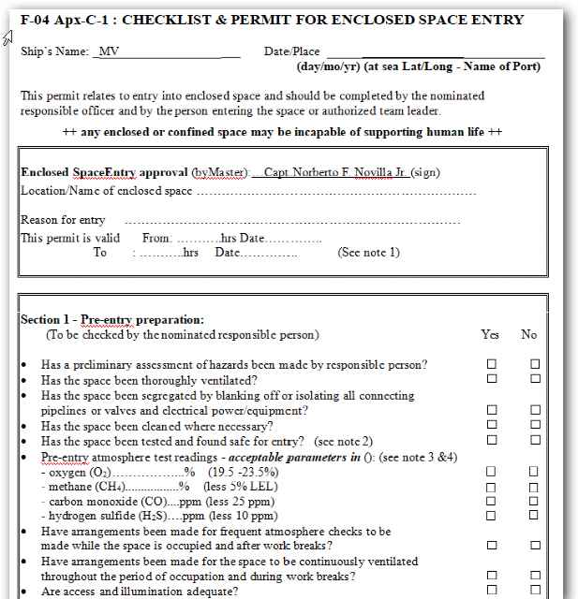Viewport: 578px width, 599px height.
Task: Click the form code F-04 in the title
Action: tap(38, 20)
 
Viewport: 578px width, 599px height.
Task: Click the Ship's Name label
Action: tap(54, 52)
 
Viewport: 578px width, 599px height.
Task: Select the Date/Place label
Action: tap(292, 52)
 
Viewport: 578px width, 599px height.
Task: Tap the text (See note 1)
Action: tap(369, 253)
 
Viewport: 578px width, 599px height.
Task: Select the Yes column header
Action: tap(490, 335)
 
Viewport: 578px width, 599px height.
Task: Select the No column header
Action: tap(529, 335)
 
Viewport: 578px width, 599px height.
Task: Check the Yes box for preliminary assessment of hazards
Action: tap(491, 364)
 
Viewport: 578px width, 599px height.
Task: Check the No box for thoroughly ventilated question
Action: tap(535, 379)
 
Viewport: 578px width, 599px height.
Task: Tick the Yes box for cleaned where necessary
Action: tap(491, 425)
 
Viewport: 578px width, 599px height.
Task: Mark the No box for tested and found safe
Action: tap(535, 440)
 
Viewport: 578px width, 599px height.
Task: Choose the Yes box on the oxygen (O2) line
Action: tap(491, 472)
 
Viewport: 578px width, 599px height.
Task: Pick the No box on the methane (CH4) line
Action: tap(535, 487)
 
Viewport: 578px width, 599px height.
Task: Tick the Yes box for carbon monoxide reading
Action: tap(491, 501)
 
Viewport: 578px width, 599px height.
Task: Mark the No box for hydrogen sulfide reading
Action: tap(535, 515)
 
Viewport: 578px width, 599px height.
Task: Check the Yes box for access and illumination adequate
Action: tap(491, 590)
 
